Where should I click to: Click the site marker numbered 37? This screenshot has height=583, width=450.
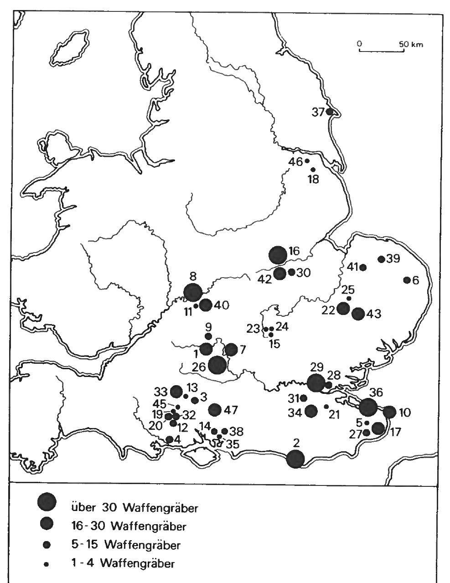(x=330, y=111)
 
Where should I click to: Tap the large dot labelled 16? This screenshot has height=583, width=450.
(x=277, y=255)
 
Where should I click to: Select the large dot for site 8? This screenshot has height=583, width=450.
(x=192, y=292)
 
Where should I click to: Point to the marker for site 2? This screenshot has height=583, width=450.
(x=295, y=459)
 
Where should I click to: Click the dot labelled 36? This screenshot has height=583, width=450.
(x=368, y=407)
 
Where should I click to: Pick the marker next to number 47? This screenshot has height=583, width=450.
(x=215, y=410)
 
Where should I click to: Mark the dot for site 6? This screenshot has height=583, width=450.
(x=407, y=280)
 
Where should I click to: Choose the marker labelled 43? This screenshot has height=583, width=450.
(x=358, y=314)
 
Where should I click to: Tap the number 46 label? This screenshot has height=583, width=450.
(x=297, y=161)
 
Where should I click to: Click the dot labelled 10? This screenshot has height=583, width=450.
(x=389, y=412)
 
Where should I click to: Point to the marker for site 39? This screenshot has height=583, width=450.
(x=381, y=259)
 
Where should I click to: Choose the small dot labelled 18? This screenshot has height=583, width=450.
(x=313, y=170)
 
